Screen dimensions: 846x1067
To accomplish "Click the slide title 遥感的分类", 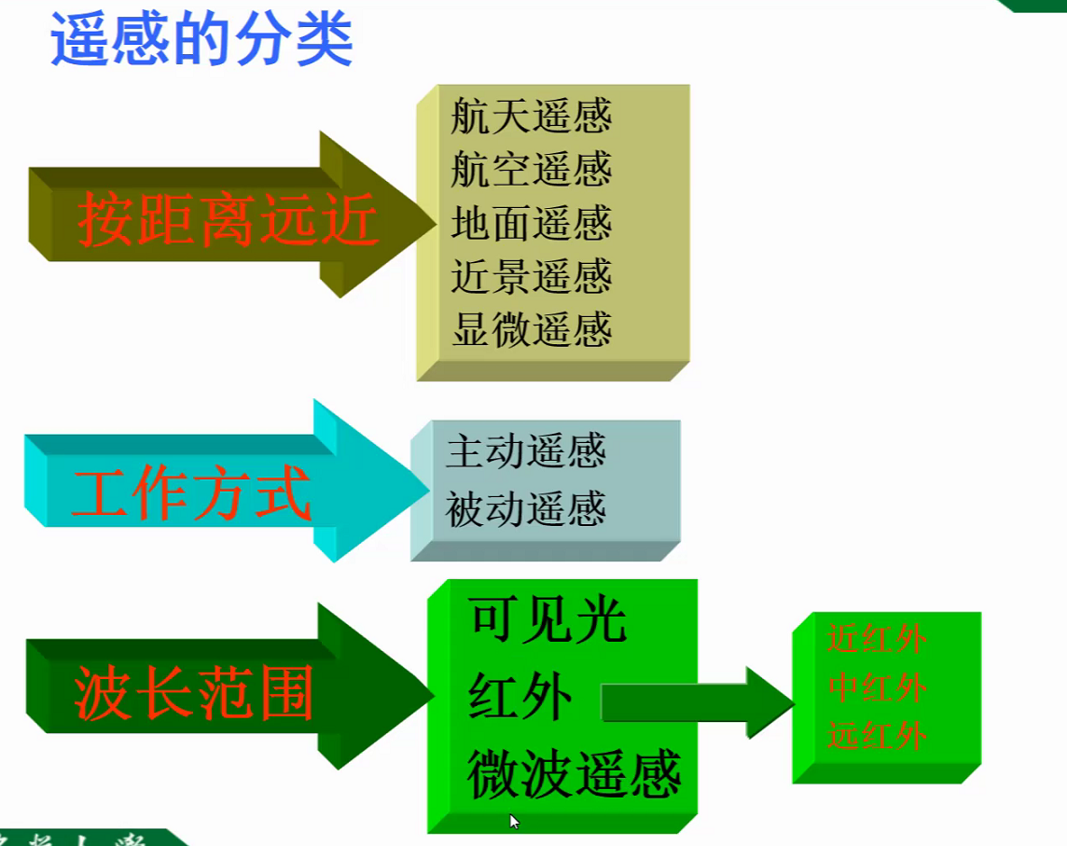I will (201, 39).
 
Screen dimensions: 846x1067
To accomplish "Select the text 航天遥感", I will (531, 118).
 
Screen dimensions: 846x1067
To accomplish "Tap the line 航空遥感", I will (531, 170).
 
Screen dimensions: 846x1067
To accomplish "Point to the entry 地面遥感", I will (531, 224).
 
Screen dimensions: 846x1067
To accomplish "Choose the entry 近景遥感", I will (531, 277).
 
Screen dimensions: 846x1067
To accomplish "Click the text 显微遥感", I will (531, 330).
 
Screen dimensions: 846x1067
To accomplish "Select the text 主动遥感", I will (526, 452).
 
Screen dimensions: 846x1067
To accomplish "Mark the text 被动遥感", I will (526, 509).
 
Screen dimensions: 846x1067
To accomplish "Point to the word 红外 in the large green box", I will (520, 696).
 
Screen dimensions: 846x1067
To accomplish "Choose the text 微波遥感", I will (575, 774).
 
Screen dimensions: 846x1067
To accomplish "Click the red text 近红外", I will (876, 640).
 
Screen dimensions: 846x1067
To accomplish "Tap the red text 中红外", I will (876, 688).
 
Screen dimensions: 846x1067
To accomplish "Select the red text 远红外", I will (876, 737).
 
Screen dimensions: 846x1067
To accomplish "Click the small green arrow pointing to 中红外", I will (695, 702).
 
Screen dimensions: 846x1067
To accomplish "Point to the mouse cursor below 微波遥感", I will (513, 821).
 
